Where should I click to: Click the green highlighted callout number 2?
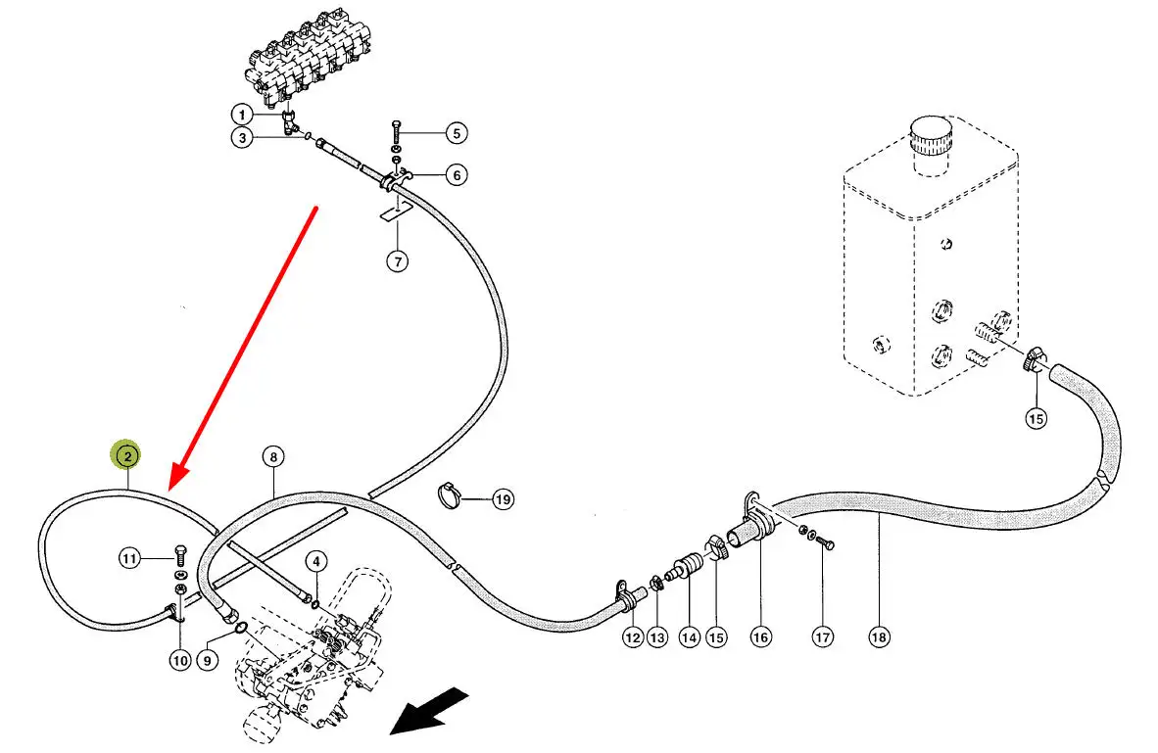126,455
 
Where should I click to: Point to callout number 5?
456,132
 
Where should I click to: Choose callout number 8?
272,456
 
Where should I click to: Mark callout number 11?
130,559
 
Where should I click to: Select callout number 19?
503,499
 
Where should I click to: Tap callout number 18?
879,637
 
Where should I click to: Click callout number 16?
760,637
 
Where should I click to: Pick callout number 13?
656,637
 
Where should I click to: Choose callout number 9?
207,660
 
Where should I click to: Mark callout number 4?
314,561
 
